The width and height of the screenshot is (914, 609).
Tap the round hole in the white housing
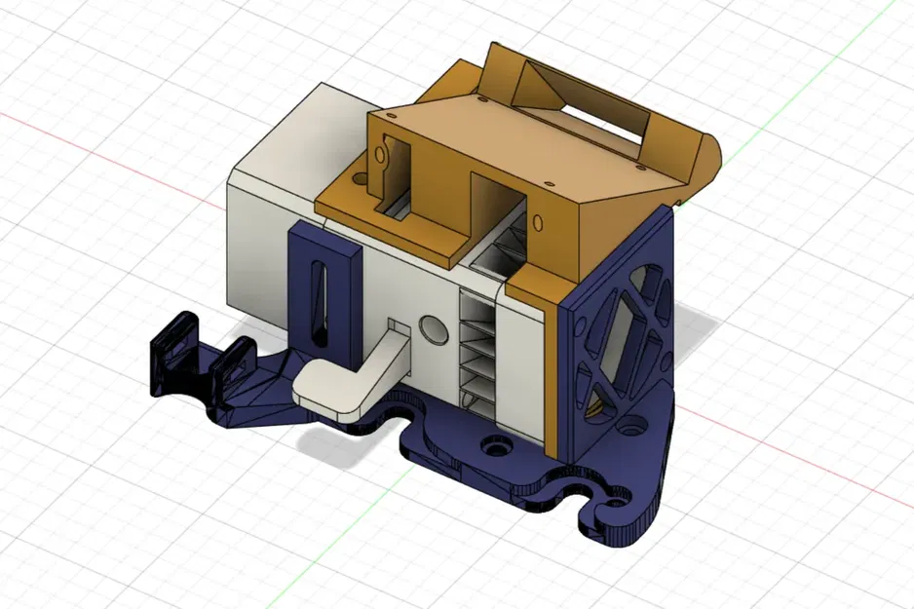pos(430,325)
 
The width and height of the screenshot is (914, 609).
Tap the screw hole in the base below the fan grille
pos(635,426)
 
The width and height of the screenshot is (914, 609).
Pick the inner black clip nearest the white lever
pos(234,365)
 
